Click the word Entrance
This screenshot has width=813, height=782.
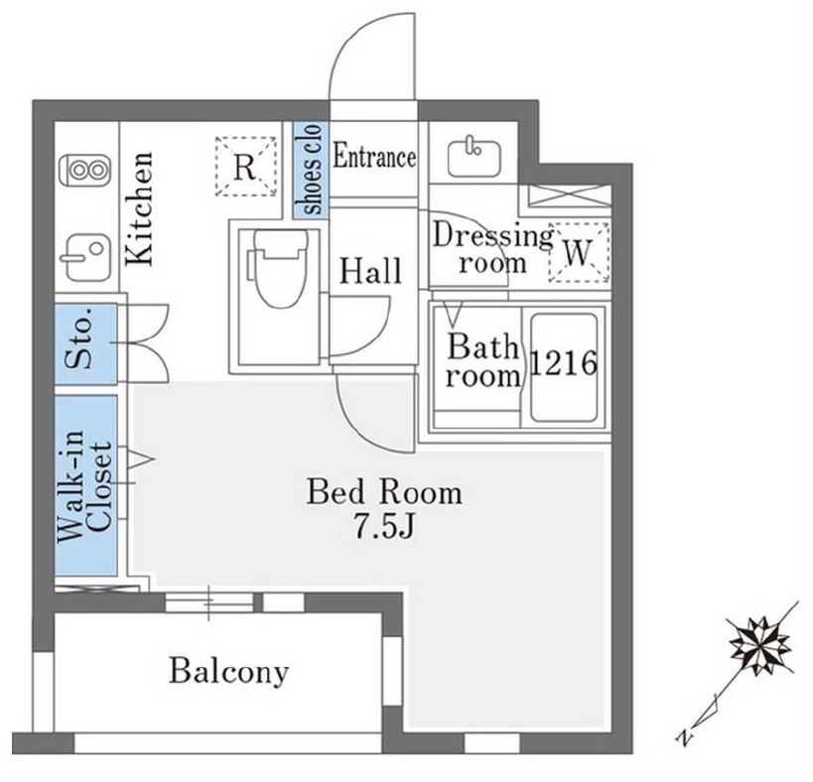pyautogui.click(x=373, y=157)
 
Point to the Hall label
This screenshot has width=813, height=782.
pyautogui.click(x=370, y=270)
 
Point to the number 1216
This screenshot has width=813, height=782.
pyautogui.click(x=563, y=364)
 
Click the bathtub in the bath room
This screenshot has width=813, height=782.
pyautogui.click(x=563, y=368)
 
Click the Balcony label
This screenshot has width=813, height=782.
pyautogui.click(x=228, y=671)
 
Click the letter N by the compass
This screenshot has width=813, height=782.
pyautogui.click(x=685, y=736)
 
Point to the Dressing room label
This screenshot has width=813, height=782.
pyautogui.click(x=491, y=248)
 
